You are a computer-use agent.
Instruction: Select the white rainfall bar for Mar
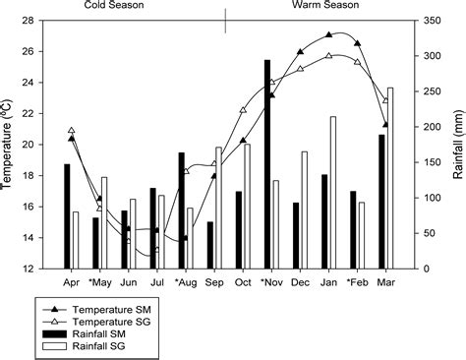pyautogui.click(x=389, y=178)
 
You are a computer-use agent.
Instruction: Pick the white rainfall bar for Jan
pyautogui.click(x=332, y=193)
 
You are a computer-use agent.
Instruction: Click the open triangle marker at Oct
pyautogui.click(x=243, y=110)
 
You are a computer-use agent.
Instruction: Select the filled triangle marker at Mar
pyautogui.click(x=385, y=125)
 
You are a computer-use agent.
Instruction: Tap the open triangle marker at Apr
pyautogui.click(x=72, y=130)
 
